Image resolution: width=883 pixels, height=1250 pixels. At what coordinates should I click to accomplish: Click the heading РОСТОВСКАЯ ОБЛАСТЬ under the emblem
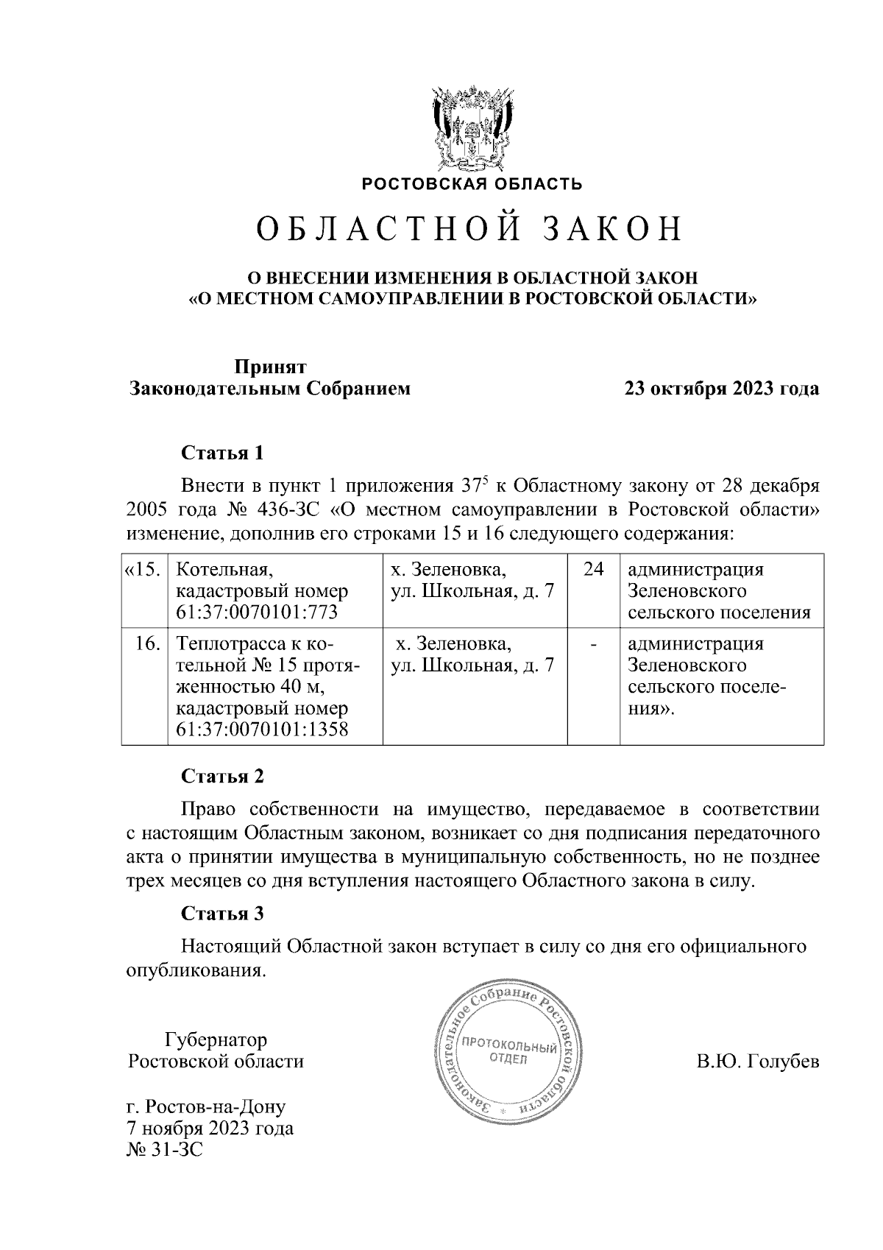point(471,184)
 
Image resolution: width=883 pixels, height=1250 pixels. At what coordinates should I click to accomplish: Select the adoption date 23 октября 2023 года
point(721,389)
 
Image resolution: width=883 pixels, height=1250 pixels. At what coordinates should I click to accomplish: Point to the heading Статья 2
point(222,777)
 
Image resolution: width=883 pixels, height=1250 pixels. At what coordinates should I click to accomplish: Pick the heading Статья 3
point(222,914)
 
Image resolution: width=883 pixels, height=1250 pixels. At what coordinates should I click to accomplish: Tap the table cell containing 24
point(593,570)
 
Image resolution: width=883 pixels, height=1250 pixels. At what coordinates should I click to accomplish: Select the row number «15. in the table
point(143,570)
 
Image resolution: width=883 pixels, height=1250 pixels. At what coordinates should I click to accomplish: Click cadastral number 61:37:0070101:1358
point(262,730)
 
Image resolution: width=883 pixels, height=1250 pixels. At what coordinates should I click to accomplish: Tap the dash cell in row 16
point(593,645)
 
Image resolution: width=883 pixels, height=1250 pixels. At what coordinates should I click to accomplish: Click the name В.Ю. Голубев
point(757,1062)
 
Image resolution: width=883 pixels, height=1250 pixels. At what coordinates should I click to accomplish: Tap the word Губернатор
point(216,1039)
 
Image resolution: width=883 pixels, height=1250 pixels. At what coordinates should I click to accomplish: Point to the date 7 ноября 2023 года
point(210,1128)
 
